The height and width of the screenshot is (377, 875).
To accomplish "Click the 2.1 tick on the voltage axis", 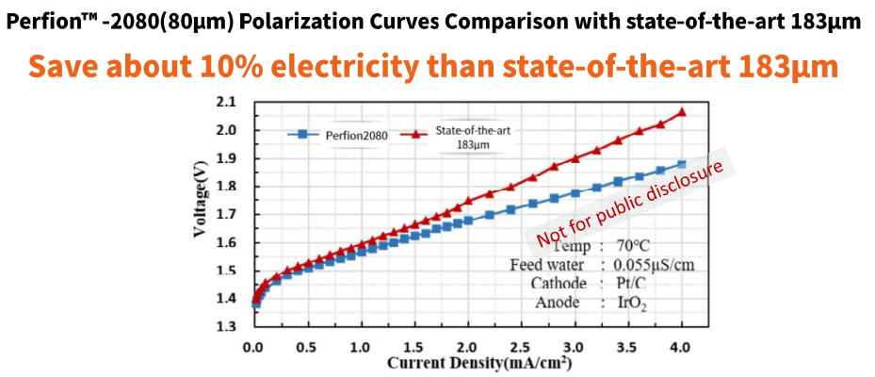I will [227, 102].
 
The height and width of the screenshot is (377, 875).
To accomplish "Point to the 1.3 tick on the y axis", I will [227, 327].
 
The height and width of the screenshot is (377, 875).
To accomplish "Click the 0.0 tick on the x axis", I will [252, 346].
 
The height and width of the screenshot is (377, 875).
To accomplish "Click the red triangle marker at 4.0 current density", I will [682, 112].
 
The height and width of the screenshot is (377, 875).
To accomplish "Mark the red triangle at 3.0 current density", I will [575, 158].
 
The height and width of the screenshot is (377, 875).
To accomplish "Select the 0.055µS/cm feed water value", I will [654, 265].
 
